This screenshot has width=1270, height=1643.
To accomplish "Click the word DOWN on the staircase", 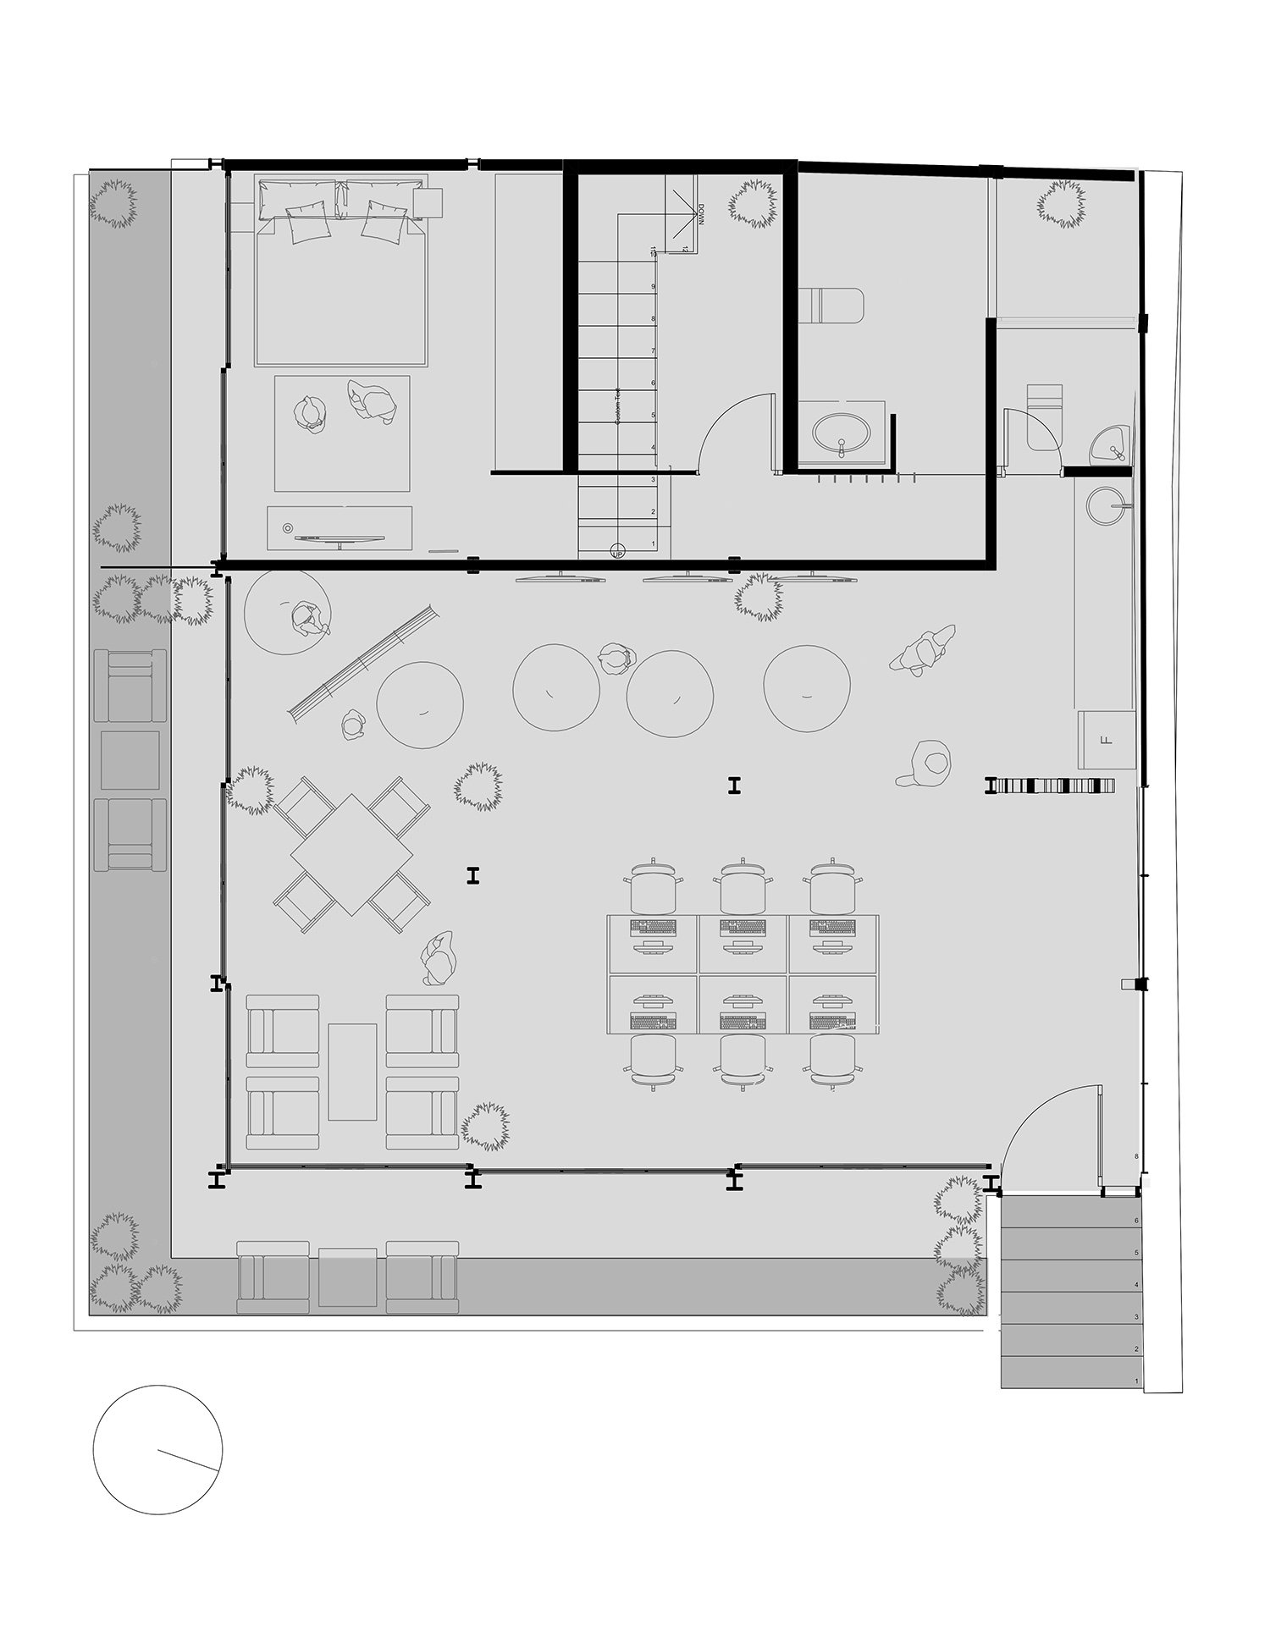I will (x=701, y=217).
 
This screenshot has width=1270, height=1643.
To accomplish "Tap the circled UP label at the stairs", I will (x=617, y=549).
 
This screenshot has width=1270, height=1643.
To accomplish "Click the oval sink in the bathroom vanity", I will (x=840, y=434).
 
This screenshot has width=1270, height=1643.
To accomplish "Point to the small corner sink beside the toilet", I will (x=1108, y=444).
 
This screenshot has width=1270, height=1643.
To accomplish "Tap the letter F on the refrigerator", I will (x=1104, y=740).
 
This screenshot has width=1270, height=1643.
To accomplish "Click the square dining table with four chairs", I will (x=351, y=854).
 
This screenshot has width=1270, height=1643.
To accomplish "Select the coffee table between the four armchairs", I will (x=352, y=1071).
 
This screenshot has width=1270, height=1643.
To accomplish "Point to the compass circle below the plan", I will (x=157, y=1449).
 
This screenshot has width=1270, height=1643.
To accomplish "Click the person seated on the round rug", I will (x=308, y=620).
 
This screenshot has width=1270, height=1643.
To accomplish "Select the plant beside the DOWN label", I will (x=753, y=202).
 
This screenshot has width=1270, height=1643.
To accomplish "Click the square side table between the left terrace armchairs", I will (x=130, y=760).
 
